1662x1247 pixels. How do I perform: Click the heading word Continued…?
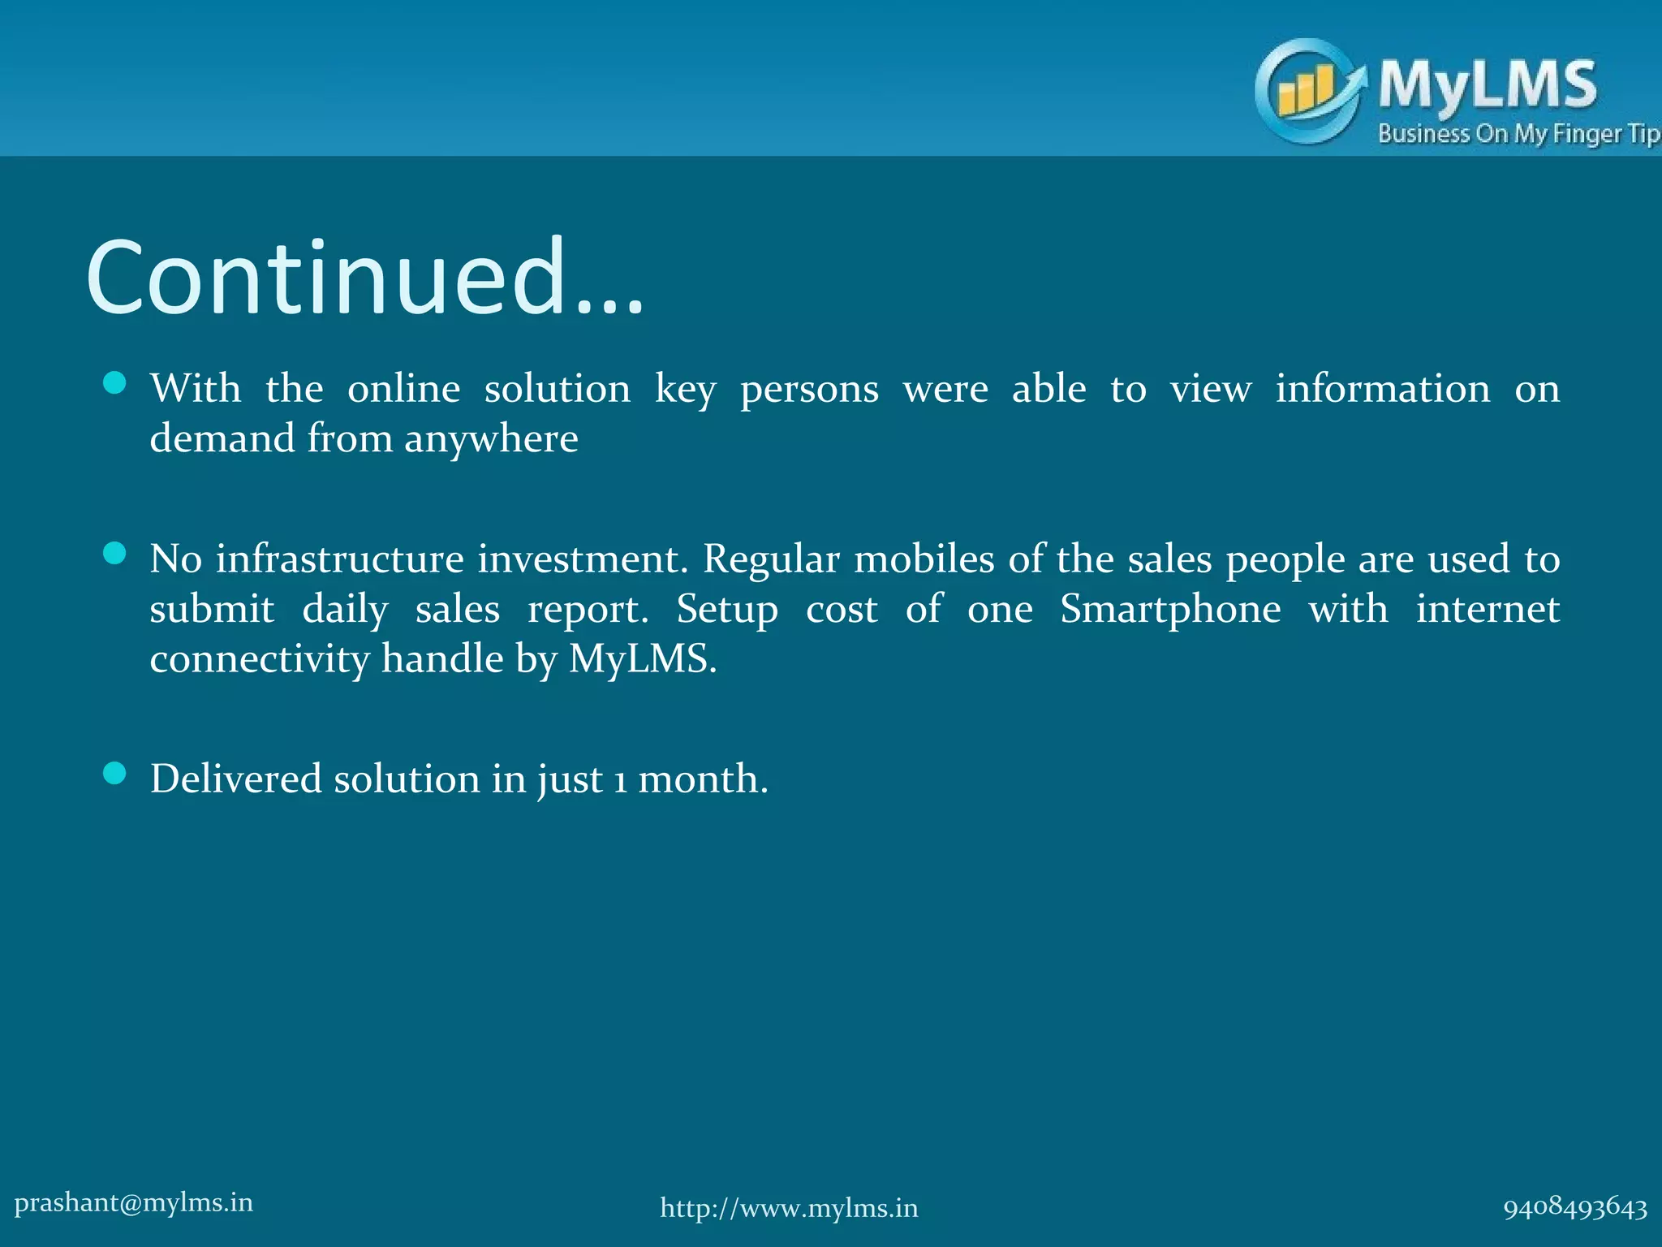pyautogui.click(x=364, y=278)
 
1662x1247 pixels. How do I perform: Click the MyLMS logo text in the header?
pyautogui.click(x=1488, y=84)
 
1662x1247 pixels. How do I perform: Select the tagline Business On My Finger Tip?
pyautogui.click(x=1518, y=134)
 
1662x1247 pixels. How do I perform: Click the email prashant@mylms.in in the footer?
pyautogui.click(x=134, y=1202)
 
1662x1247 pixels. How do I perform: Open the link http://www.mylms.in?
pyautogui.click(x=789, y=1208)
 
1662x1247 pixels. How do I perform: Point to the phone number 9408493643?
pyautogui.click(x=1575, y=1208)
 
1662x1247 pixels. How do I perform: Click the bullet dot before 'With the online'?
pyautogui.click(x=115, y=383)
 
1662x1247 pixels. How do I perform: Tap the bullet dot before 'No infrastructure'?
pyautogui.click(x=115, y=554)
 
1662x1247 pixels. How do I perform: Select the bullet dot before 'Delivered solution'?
pyautogui.click(x=115, y=774)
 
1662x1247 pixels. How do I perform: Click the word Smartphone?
pyautogui.click(x=1170, y=609)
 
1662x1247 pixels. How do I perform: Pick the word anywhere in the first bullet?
pyautogui.click(x=491, y=439)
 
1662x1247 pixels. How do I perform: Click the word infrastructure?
pyautogui.click(x=340, y=559)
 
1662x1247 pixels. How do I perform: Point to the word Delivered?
pyautogui.click(x=236, y=779)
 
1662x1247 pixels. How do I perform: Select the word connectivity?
pyautogui.click(x=260, y=658)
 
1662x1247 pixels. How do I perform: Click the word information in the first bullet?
pyautogui.click(x=1383, y=389)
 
